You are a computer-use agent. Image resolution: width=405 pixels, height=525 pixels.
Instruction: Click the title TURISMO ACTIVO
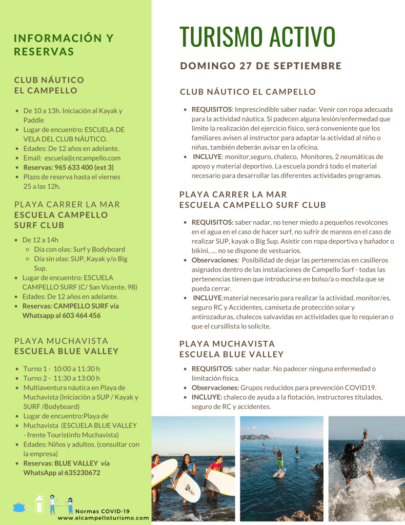(x=257, y=37)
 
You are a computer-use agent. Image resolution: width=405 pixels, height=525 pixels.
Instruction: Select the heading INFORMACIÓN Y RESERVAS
(x=64, y=45)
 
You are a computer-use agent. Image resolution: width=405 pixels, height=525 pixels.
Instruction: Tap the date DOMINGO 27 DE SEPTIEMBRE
(x=260, y=66)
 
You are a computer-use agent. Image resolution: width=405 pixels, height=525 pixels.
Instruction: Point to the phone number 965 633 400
(x=77, y=167)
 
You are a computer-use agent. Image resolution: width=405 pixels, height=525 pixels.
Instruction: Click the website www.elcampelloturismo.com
(x=104, y=518)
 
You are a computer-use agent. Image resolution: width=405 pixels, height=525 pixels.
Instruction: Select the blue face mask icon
(x=18, y=507)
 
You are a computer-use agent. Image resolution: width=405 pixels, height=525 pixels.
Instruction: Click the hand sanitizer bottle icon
(x=39, y=504)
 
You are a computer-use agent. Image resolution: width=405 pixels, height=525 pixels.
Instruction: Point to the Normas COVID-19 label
(x=103, y=511)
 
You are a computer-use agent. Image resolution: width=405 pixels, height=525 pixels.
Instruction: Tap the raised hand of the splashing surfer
(x=365, y=432)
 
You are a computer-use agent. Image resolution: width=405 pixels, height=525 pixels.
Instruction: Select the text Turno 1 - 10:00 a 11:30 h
(x=62, y=368)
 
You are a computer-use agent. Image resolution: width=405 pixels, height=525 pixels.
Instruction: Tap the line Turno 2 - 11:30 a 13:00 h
(x=62, y=378)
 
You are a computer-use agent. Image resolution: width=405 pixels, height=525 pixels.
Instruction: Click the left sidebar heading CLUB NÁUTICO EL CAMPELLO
(x=49, y=85)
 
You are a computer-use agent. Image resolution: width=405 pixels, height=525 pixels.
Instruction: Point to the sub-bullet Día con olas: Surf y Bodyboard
(x=79, y=249)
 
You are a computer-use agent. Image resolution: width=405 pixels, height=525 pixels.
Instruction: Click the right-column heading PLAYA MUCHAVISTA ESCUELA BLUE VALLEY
(x=231, y=349)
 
